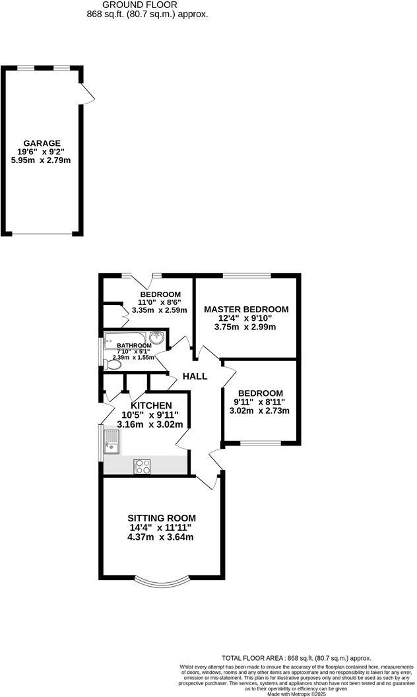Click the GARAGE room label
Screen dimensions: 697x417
(x=42, y=143)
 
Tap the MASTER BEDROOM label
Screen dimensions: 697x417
(x=246, y=309)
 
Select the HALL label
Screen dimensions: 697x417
(x=195, y=376)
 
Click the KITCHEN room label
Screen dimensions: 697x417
(x=151, y=405)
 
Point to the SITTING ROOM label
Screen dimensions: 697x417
(x=162, y=518)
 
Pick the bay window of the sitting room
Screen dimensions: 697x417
(x=162, y=581)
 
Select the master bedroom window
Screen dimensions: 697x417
(x=246, y=275)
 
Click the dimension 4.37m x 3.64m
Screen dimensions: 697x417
(x=160, y=537)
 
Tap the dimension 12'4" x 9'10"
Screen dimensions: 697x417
(x=246, y=318)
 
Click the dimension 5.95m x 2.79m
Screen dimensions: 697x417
(x=42, y=159)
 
